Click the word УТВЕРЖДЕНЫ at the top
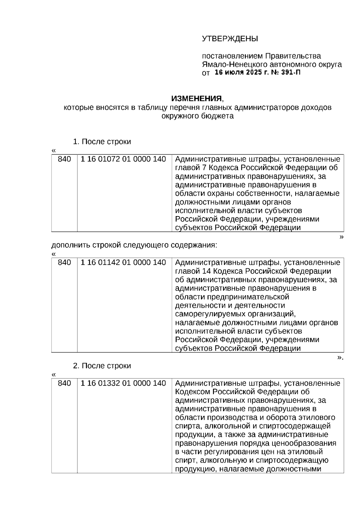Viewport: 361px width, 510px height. pos(230,39)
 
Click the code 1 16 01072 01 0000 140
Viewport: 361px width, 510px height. pos(123,159)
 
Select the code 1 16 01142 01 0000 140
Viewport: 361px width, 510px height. pos(123,263)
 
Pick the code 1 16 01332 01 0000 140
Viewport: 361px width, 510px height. pos(123,383)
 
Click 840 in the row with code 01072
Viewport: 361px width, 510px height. pos(64,159)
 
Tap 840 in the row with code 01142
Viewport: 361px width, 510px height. pos(64,263)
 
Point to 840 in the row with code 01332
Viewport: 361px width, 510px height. pos(64,383)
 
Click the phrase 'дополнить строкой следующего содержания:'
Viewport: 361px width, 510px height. pos(134,245)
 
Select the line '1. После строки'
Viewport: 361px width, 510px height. pos(102,142)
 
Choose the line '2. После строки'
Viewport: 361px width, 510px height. pos(102,366)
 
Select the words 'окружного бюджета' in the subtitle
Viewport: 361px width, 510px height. pos(197,116)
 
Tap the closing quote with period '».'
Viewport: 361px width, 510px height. pos(340,358)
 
